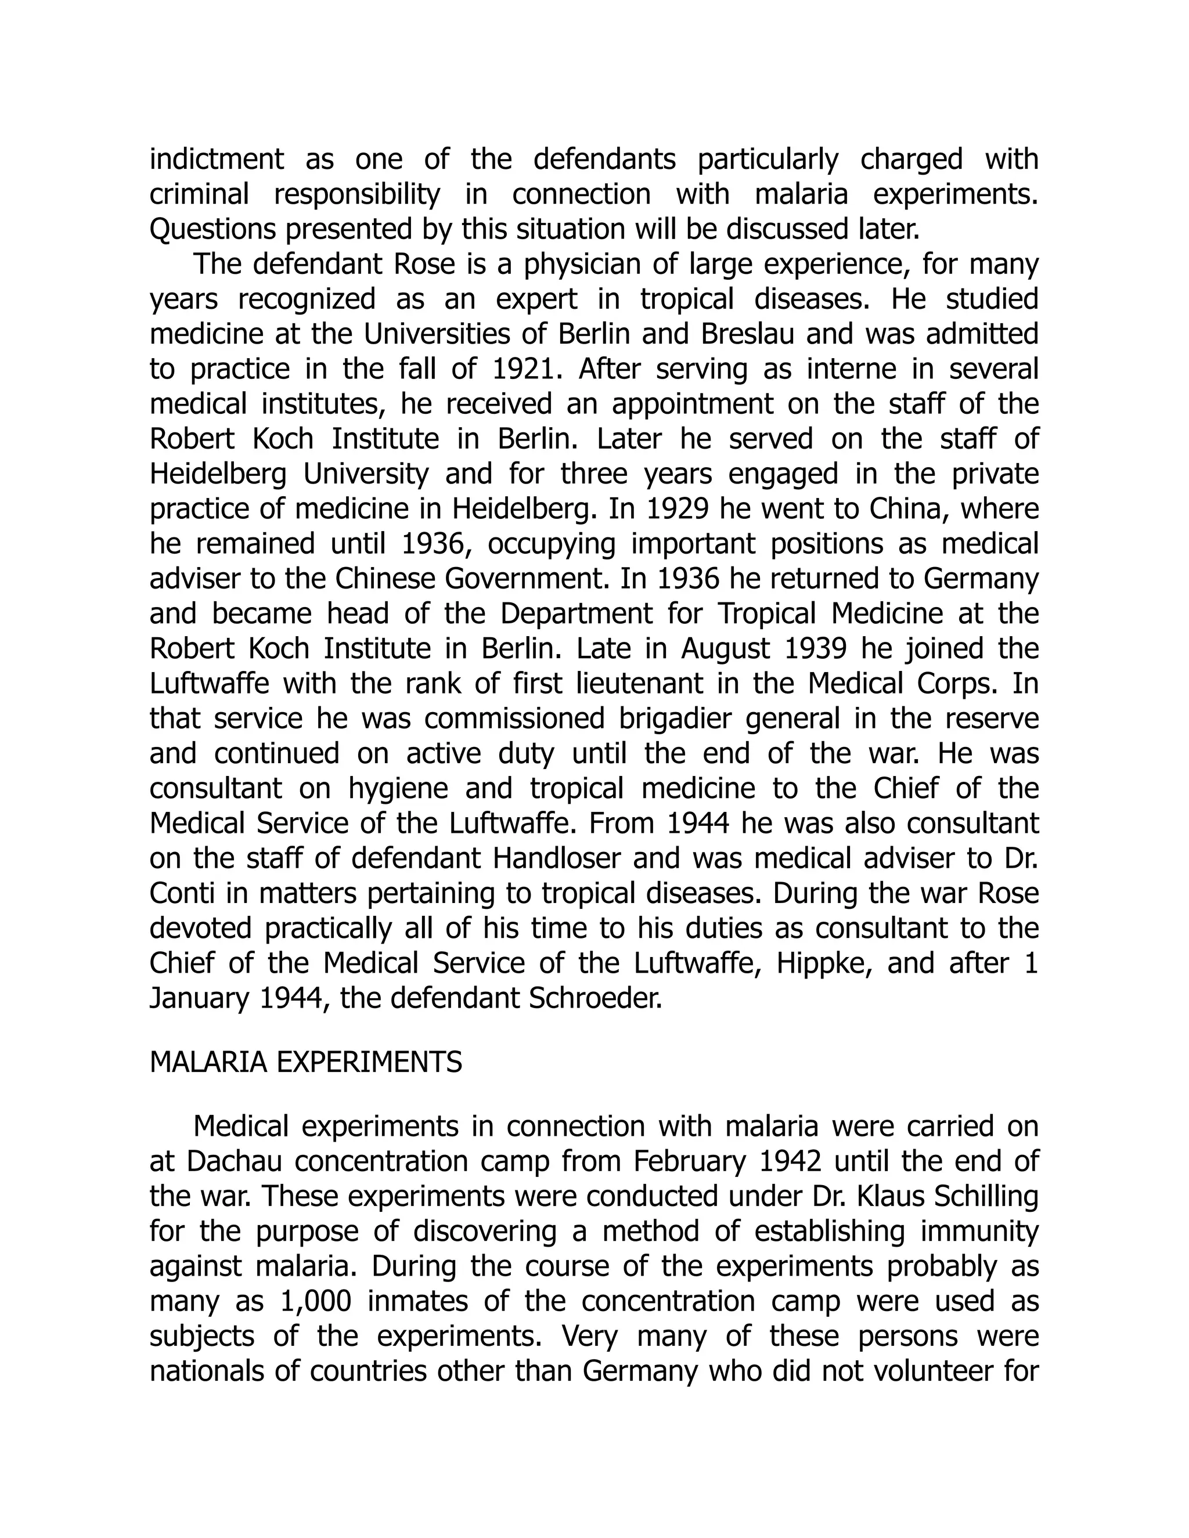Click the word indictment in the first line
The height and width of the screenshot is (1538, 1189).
(x=216, y=159)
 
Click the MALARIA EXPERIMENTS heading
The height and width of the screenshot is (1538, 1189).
(x=306, y=1063)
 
